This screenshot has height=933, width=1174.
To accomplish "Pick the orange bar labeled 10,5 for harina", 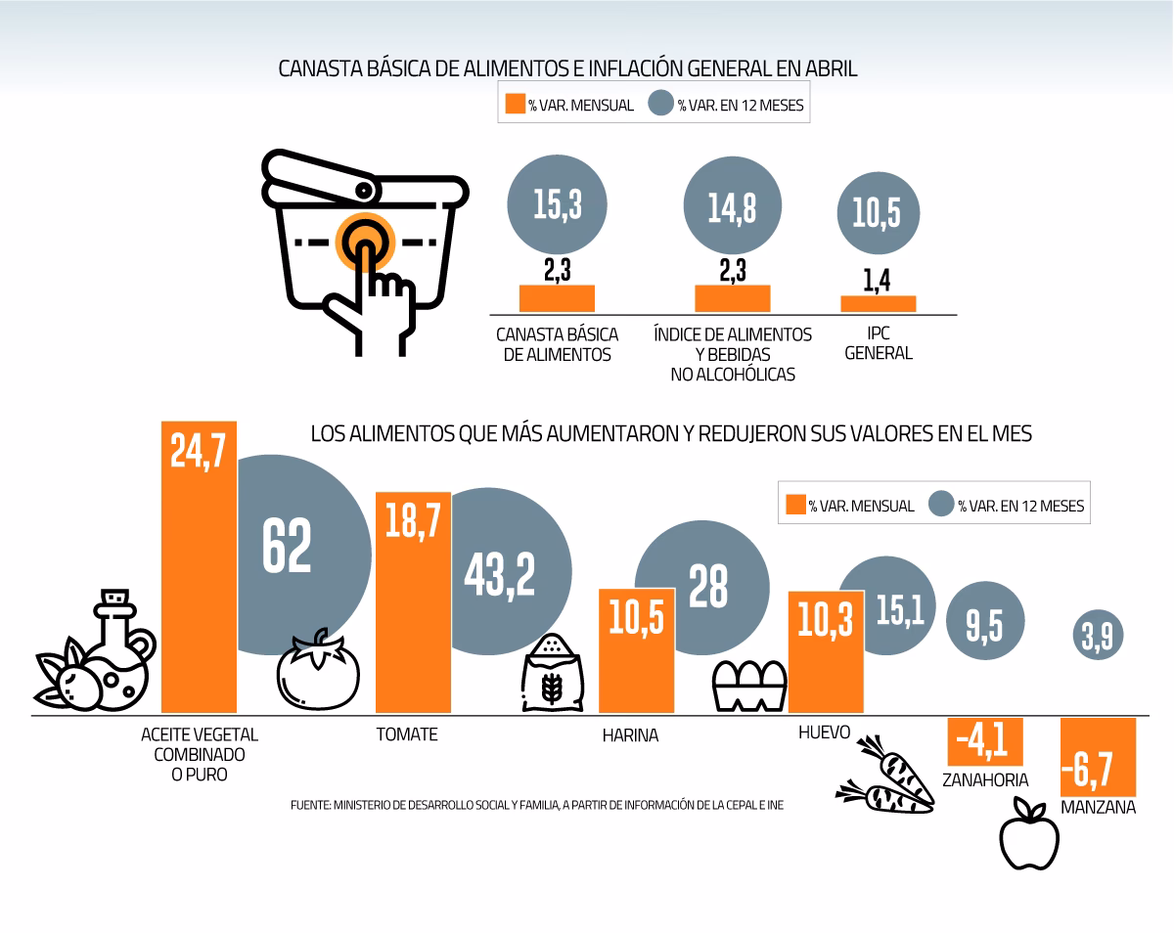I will [x=636, y=650].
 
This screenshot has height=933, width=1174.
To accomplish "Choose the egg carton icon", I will [x=749, y=687].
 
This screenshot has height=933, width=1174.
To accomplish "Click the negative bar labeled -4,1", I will [x=985, y=741].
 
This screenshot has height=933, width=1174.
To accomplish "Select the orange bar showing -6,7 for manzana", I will [x=1099, y=758].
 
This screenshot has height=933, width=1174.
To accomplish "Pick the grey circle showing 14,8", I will [x=732, y=205].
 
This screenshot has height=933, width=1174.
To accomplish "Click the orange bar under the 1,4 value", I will [x=879, y=304].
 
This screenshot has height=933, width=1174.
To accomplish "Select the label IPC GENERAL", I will [x=878, y=343].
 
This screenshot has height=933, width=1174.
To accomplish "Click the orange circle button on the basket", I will [x=364, y=241].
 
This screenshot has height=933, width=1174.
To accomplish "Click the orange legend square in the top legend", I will [x=515, y=104].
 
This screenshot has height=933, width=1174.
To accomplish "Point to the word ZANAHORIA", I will [x=985, y=779].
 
